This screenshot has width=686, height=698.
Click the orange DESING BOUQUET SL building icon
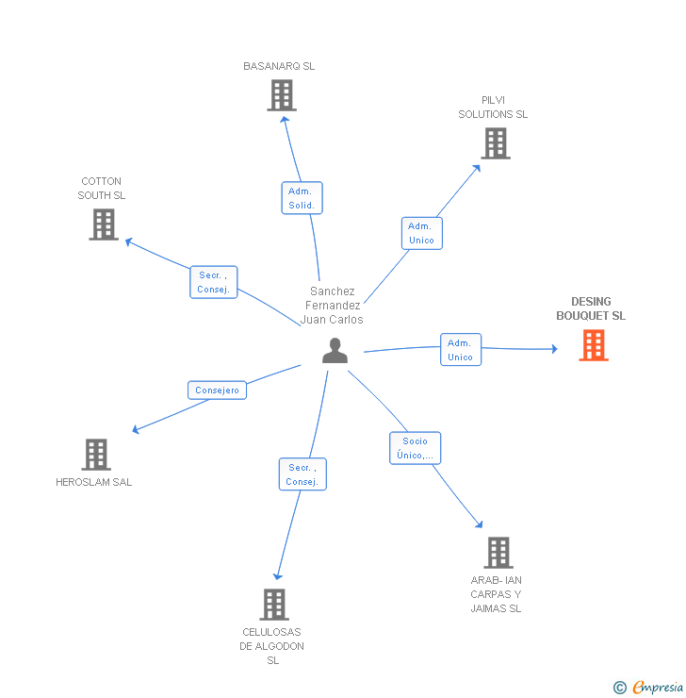tap(593, 345)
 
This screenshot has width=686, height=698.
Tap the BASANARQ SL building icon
tap(281, 95)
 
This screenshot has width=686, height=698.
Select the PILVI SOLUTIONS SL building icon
tap(495, 143)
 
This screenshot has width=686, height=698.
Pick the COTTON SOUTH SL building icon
tap(104, 224)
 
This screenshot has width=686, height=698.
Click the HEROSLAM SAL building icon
tap(95, 455)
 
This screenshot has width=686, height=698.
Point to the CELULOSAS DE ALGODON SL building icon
tap(273, 604)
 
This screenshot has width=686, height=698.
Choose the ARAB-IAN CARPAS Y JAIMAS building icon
tap(498, 553)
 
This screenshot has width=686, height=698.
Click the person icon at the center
tap(335, 351)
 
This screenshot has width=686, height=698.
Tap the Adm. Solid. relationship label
tap(302, 198)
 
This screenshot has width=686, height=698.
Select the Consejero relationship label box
tap(217, 390)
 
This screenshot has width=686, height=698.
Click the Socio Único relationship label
tap(415, 448)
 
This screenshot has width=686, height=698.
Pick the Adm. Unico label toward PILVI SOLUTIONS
tap(421, 233)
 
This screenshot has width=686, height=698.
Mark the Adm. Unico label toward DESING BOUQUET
tap(460, 350)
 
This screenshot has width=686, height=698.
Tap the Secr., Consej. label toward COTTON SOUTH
tap(213, 283)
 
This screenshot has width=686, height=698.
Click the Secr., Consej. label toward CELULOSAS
tap(302, 474)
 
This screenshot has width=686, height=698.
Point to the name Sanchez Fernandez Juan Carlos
tap(332, 306)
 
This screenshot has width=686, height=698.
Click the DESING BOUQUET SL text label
tap(590, 309)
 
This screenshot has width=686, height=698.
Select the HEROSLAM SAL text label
tap(94, 482)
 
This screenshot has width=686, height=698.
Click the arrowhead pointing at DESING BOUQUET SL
tap(553, 349)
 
